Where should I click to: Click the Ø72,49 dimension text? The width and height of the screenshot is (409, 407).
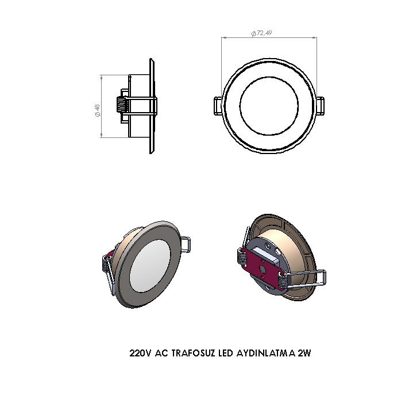[261, 33]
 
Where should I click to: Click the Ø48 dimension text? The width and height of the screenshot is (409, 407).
[97, 109]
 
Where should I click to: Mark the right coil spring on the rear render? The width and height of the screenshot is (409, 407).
[283, 280]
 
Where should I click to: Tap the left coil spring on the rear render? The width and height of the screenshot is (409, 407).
[241, 257]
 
